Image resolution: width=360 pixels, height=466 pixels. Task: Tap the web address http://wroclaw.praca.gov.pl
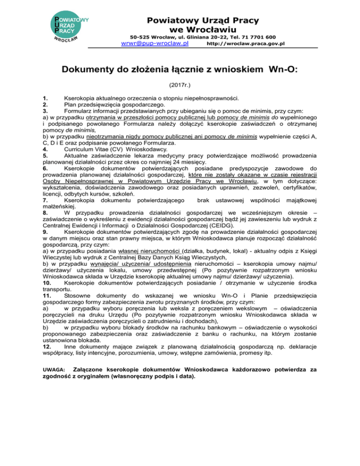click(246, 44)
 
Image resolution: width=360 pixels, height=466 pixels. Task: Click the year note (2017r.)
click(180, 86)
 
